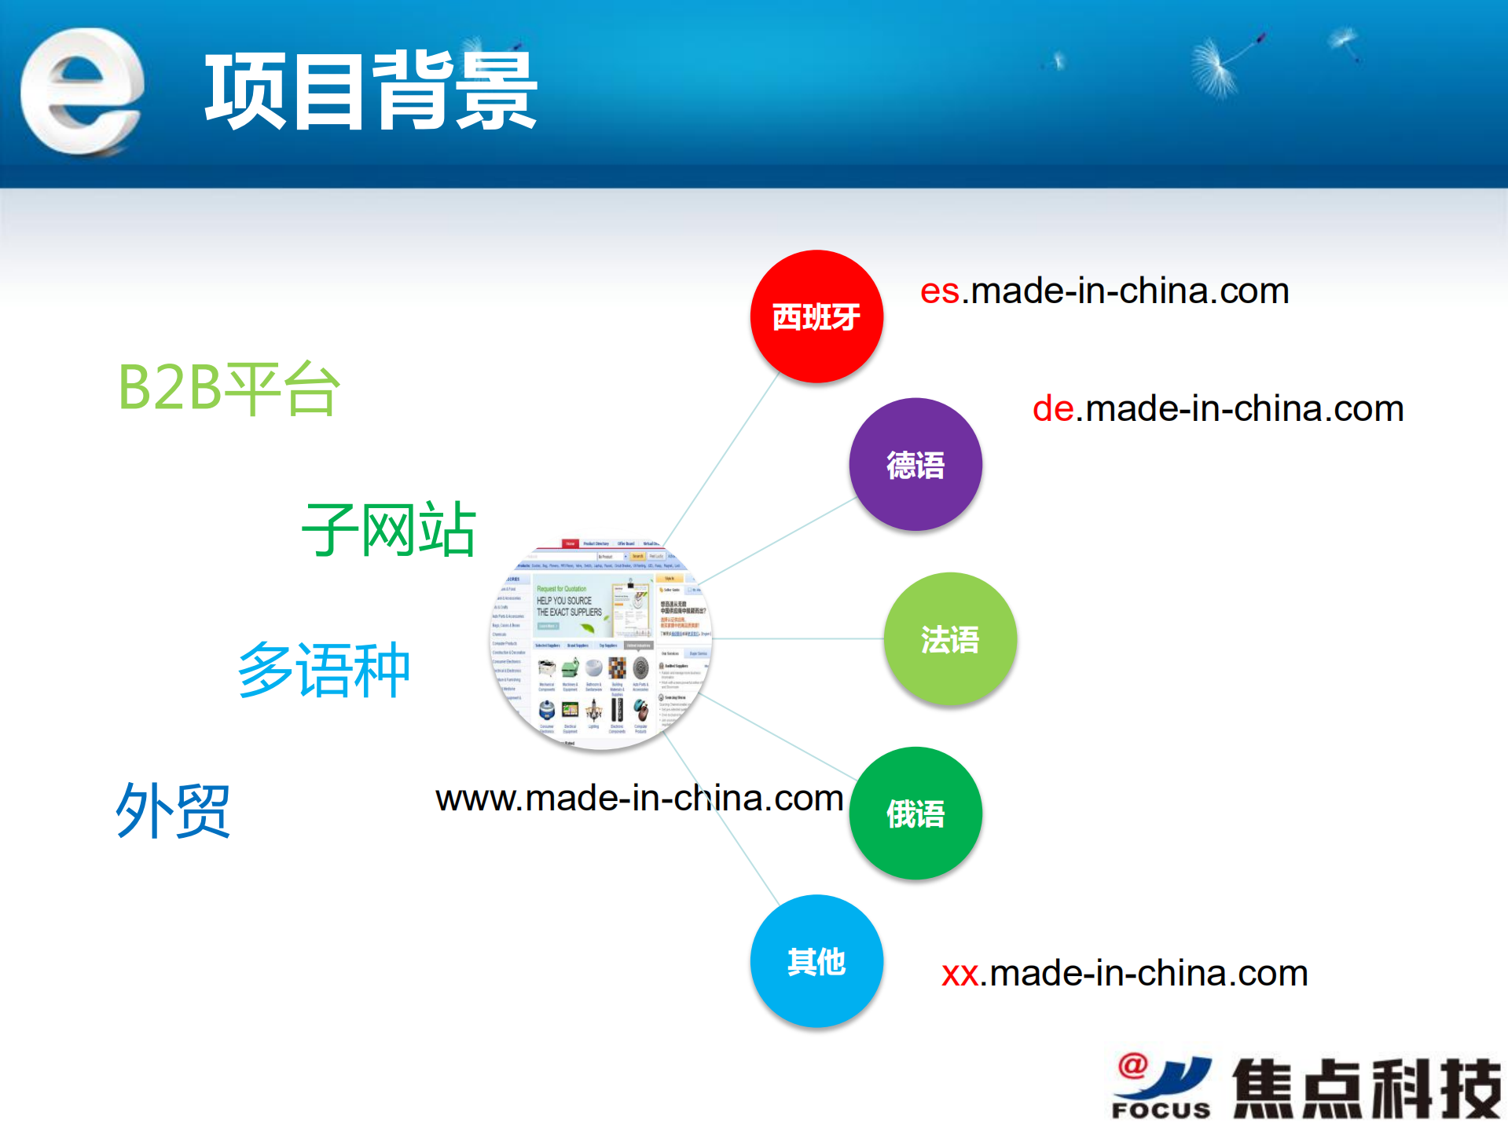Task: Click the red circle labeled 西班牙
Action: tap(816, 316)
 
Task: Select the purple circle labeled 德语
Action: tap(915, 464)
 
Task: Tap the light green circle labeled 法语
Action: tap(949, 638)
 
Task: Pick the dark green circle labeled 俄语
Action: tap(915, 813)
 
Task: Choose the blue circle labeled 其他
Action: tap(816, 960)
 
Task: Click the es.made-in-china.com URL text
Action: tap(1104, 291)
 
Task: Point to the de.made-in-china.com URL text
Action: tap(1217, 409)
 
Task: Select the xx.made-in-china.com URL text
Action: tap(1124, 974)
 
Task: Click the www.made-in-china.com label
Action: tap(638, 799)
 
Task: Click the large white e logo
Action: tap(82, 91)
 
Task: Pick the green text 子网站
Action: tap(388, 529)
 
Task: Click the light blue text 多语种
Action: tap(324, 670)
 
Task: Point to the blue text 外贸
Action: tap(173, 810)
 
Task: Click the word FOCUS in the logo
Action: tap(1161, 1110)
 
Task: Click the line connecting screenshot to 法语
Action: tap(798, 638)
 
